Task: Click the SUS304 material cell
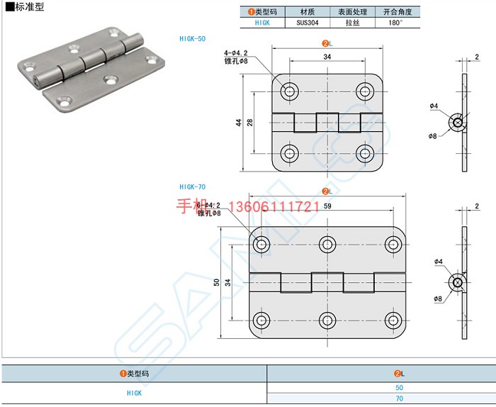point(308,23)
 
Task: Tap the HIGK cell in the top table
point(262,23)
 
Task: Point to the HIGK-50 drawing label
point(192,38)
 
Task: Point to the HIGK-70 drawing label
point(192,187)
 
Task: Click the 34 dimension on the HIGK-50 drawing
point(327,57)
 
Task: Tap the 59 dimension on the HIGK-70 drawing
point(327,206)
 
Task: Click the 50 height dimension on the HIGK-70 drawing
point(216,282)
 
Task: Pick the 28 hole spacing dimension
point(250,122)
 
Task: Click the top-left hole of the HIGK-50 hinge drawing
point(289,91)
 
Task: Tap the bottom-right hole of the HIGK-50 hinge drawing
point(365,153)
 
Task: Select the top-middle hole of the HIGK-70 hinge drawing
point(327,245)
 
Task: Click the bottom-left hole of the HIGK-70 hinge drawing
point(261,320)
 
